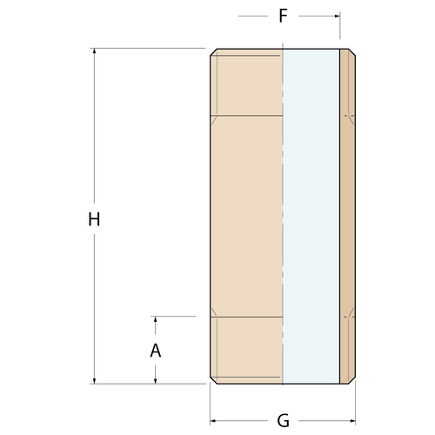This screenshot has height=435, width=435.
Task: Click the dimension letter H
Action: (x=94, y=219)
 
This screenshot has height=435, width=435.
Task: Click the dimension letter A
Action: (x=156, y=351)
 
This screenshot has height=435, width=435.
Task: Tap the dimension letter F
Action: (x=283, y=16)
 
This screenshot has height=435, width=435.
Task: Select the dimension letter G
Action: (x=283, y=420)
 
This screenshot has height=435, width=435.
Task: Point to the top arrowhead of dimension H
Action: (x=94, y=51)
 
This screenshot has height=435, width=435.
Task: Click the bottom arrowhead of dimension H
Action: (x=94, y=380)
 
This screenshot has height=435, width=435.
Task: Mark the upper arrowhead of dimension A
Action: (x=156, y=319)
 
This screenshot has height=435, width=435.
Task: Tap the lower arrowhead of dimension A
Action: (x=156, y=380)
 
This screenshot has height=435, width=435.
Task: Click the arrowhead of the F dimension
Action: (x=337, y=16)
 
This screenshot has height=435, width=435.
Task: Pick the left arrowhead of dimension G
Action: (x=213, y=420)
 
